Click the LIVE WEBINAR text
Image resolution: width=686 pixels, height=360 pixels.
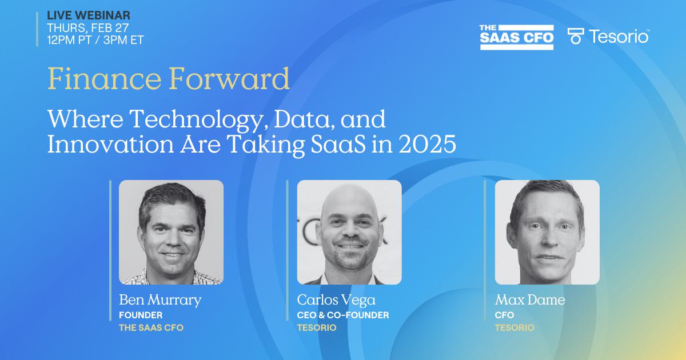(89, 15)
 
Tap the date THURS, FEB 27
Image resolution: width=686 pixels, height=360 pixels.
(87, 28)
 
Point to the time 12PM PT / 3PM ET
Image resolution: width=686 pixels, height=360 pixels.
(95, 40)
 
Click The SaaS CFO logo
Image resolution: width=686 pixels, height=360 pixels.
(517, 37)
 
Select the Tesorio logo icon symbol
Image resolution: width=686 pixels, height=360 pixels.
(575, 36)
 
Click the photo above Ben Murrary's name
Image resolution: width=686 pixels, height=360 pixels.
(171, 232)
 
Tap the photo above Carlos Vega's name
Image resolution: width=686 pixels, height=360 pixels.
(349, 232)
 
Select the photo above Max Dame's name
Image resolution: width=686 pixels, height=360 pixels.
(547, 232)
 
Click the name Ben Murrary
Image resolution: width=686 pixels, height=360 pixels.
(160, 300)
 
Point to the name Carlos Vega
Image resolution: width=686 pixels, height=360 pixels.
(336, 300)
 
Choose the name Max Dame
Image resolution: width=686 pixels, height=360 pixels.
(529, 300)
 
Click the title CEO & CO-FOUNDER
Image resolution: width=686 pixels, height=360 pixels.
(343, 315)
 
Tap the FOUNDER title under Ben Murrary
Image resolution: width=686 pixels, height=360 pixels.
(141, 315)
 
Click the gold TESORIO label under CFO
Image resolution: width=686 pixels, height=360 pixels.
(514, 328)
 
